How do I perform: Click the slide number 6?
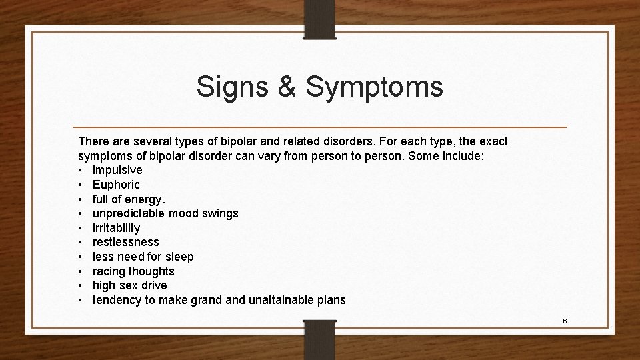[x=565, y=321]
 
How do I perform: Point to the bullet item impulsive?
[x=117, y=170]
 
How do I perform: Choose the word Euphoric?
[x=116, y=185]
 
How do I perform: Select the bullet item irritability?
[x=116, y=228]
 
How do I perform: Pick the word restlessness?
[x=125, y=242]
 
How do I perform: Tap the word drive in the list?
[x=154, y=286]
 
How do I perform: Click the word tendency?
[x=117, y=300]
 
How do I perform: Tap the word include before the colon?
[x=482, y=156]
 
